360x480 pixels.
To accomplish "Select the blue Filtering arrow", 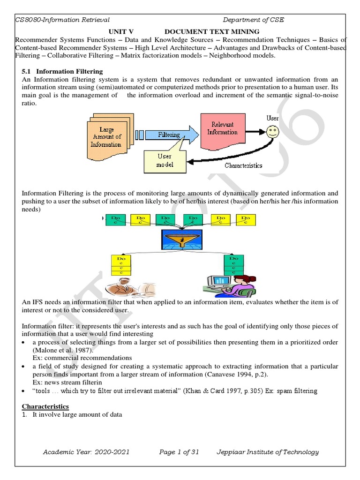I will click(166, 135).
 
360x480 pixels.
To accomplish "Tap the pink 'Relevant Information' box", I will click(222, 128).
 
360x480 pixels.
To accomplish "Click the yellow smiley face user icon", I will click(273, 132).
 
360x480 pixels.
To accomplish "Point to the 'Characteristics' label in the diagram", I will click(243, 165).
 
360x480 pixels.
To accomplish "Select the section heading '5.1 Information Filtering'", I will click(62, 72).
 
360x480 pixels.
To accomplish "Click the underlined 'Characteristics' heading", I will click(45, 406).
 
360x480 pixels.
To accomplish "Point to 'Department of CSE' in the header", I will click(253, 20).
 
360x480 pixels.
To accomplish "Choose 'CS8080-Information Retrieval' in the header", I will click(63, 20).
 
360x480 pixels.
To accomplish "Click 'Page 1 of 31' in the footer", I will click(179, 452).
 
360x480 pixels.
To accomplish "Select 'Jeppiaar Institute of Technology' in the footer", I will click(267, 452).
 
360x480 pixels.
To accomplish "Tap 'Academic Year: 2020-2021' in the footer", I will click(86, 452).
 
